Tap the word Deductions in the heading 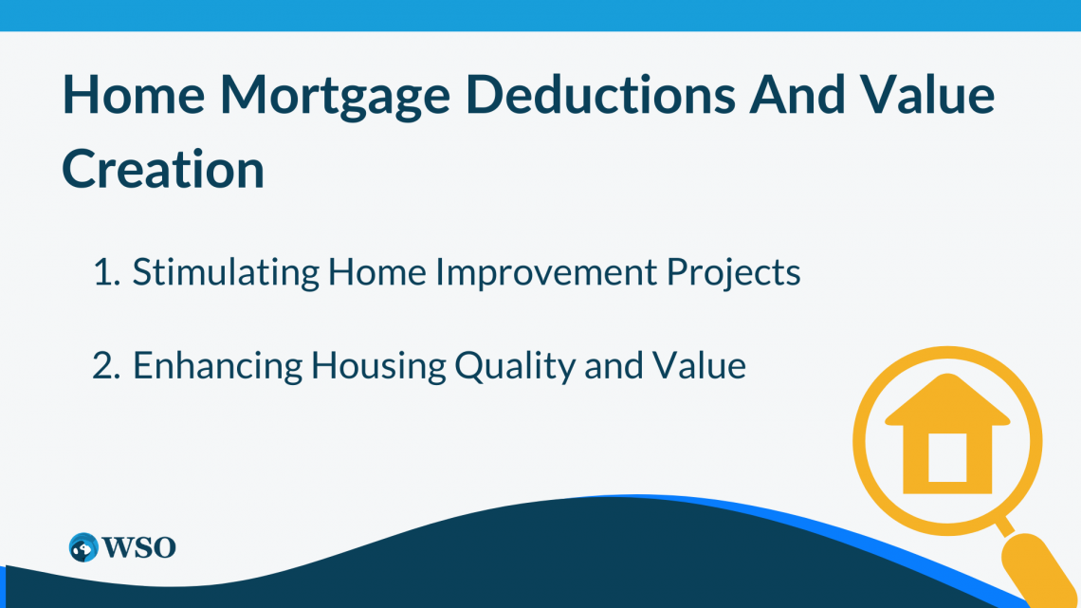tap(600, 94)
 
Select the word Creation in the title tap(163, 168)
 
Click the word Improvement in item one tap(546, 272)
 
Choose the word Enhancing tap(217, 366)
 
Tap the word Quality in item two tap(515, 366)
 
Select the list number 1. tap(106, 272)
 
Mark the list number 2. tap(106, 365)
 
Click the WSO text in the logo tap(139, 548)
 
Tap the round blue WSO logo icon tap(83, 547)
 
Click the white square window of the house tap(947, 458)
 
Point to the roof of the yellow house tap(948, 400)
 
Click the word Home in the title tap(134, 94)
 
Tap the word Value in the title tap(927, 94)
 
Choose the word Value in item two tap(699, 366)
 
